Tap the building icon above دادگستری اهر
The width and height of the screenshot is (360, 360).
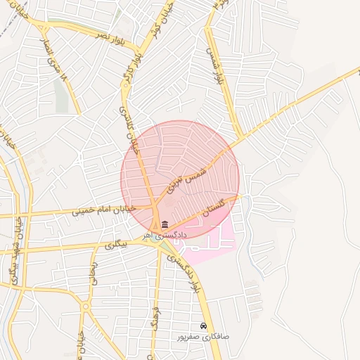[x=165, y=224]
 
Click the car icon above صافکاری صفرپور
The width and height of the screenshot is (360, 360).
[x=203, y=327]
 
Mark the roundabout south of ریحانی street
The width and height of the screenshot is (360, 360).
[x=86, y=306]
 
